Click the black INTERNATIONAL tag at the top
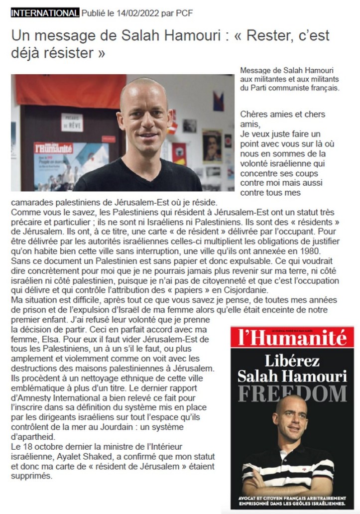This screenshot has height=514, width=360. pyautogui.click(x=44, y=13)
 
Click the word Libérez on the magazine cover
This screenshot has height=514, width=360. pyautogui.click(x=292, y=361)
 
